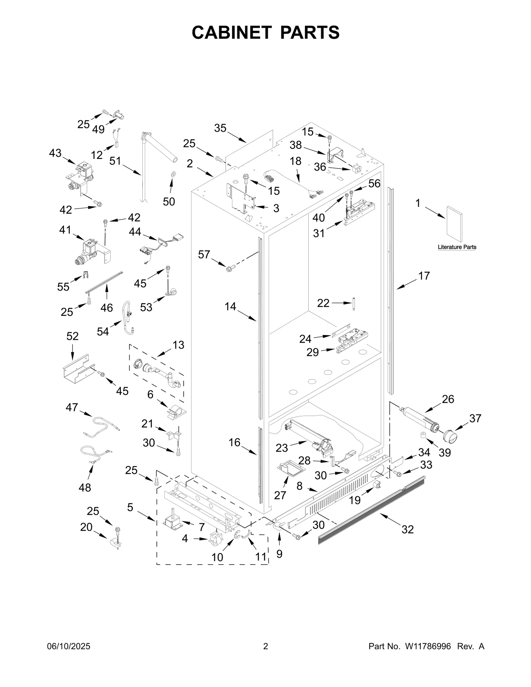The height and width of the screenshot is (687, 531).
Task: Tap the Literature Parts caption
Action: (x=457, y=247)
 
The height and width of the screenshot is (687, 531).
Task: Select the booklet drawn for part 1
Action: (x=454, y=224)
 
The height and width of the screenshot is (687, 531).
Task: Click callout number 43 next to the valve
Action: (x=55, y=153)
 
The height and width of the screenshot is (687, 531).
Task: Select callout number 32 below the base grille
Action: (x=408, y=529)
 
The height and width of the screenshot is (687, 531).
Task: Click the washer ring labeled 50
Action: (x=173, y=174)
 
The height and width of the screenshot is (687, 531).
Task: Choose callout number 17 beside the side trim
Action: (x=424, y=276)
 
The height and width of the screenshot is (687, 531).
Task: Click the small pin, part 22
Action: (x=354, y=304)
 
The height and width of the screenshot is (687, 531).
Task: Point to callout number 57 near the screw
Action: (x=204, y=254)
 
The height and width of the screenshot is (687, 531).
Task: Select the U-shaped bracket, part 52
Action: (x=76, y=369)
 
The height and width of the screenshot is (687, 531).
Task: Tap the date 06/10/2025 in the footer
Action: (x=68, y=646)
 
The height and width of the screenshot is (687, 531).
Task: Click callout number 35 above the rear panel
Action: (x=220, y=128)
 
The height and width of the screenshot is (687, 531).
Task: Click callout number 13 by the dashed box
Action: (x=178, y=345)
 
